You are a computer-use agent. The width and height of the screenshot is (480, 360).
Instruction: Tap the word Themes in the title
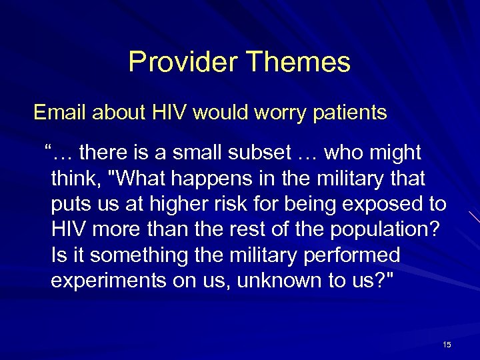pyautogui.click(x=298, y=62)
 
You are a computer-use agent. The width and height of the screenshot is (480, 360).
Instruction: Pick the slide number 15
pyautogui.click(x=446, y=345)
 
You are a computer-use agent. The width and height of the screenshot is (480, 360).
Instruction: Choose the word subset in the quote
pyautogui.click(x=253, y=154)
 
